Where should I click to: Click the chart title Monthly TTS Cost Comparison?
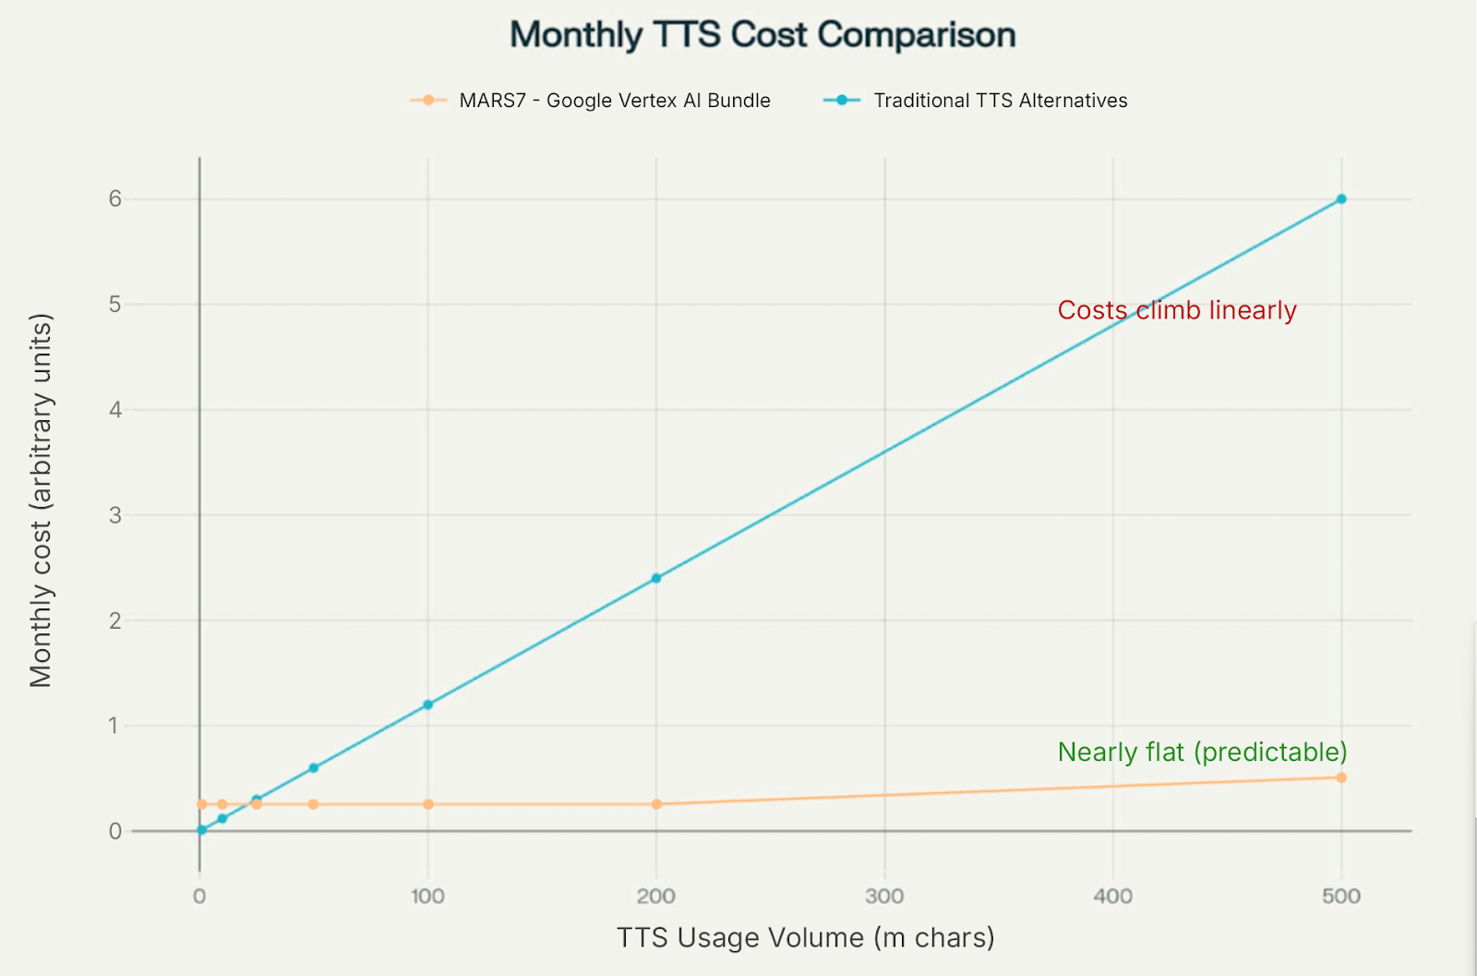pos(763,35)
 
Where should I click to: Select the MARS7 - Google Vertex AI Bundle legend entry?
pos(591,101)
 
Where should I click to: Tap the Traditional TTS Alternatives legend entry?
pos(976,101)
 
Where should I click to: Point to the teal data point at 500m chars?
pos(1341,199)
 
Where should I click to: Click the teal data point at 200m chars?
pos(656,578)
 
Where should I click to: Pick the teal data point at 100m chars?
pos(428,705)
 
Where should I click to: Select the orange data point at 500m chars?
pos(1341,777)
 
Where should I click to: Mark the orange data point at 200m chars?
pos(656,804)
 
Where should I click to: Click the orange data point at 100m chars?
pos(428,804)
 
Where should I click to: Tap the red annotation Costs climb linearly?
pos(1177,310)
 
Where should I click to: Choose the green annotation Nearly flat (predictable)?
pos(1202,752)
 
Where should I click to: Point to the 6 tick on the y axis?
pos(115,199)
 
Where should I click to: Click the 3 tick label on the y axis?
pos(115,515)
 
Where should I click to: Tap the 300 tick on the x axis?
pos(884,896)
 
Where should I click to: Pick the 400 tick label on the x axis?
pos(1112,896)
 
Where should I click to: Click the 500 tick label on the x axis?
pos(1341,896)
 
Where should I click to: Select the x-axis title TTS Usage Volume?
pos(805,938)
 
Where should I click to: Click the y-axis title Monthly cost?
pos(41,500)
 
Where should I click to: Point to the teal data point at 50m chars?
pos(314,767)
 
